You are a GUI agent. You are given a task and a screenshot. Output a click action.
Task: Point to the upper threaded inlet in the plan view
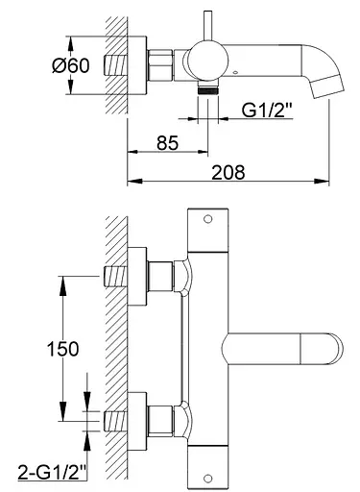pos(115,275)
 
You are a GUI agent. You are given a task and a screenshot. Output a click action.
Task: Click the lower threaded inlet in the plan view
pos(115,419)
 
